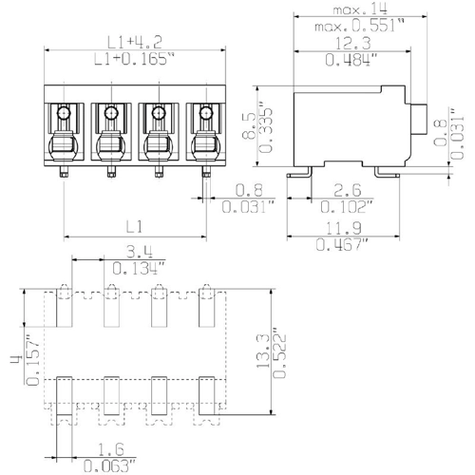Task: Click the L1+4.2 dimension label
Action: pos(135,42)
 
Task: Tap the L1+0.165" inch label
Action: pos(135,59)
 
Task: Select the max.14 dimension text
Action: pos(360,9)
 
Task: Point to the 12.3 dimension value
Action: pos(352,44)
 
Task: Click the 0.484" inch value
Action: pos(351,60)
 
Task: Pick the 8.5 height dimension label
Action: pos(249,125)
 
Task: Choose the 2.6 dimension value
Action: pos(348,190)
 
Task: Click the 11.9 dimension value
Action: pos(344,228)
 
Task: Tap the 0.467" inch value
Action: pos(342,245)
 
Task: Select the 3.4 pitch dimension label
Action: pos(140,252)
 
